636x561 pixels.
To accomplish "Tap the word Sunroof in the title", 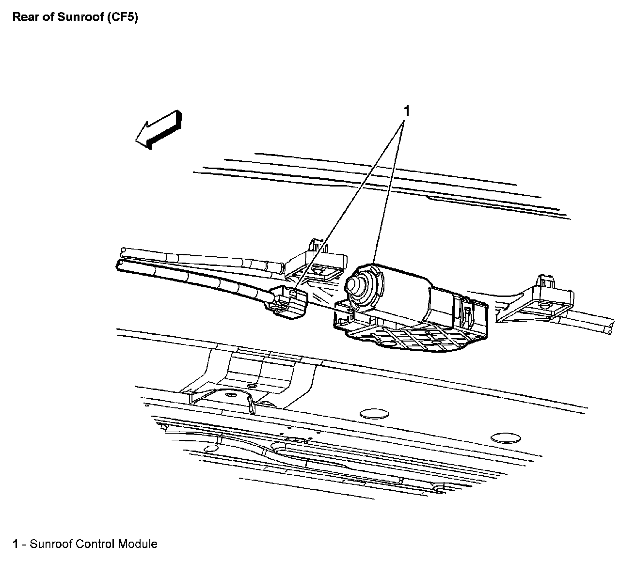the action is click(x=77, y=17).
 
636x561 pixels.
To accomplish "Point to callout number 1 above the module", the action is click(x=407, y=111).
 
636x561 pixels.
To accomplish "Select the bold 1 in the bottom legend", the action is click(x=15, y=544).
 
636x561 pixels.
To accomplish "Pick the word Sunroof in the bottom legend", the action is click(x=51, y=544).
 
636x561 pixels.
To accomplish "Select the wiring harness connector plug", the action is click(x=288, y=302).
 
